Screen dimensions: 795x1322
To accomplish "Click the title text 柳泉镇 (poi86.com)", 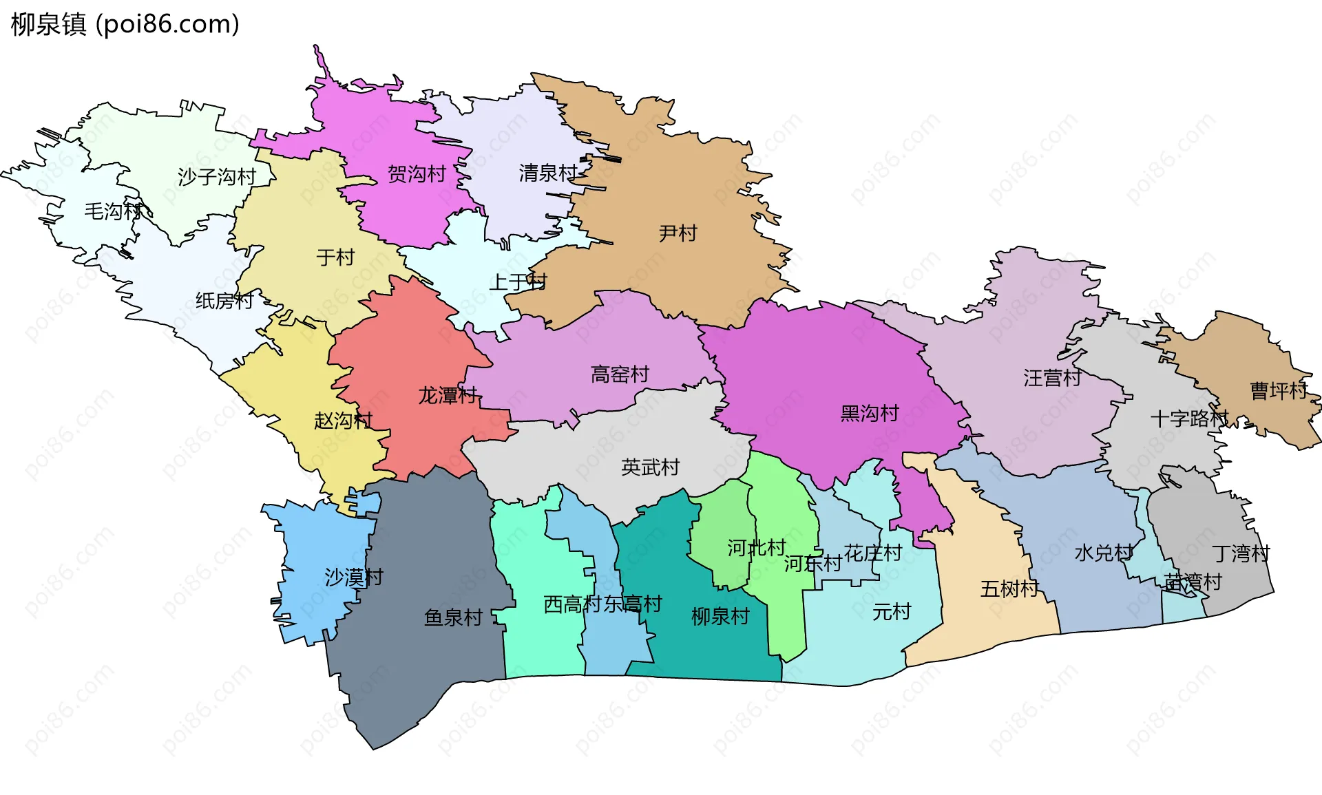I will click(x=125, y=24).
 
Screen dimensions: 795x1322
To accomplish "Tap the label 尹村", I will click(x=678, y=233).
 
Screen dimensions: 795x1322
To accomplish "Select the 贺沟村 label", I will click(x=417, y=174).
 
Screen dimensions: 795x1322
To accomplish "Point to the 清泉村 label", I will click(x=548, y=173).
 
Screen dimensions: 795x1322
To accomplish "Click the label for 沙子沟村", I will click(x=217, y=177).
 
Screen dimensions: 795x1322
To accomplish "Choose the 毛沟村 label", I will click(x=113, y=211).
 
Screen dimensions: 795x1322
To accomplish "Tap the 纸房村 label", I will click(x=224, y=301).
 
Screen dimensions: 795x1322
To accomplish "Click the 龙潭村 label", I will click(x=448, y=396).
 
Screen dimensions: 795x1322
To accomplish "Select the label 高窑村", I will click(x=620, y=374).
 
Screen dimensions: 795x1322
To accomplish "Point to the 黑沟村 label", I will click(x=870, y=414).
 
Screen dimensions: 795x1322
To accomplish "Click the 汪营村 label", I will click(x=1052, y=378).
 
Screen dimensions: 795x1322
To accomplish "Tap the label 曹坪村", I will click(x=1279, y=391).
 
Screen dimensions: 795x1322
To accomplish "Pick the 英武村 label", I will click(x=650, y=467).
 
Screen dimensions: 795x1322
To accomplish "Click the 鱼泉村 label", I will click(x=453, y=617).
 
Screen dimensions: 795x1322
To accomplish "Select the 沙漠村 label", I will click(x=354, y=577).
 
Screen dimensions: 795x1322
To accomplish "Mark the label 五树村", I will click(x=1009, y=589).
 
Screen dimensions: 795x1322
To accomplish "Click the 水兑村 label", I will click(x=1104, y=553).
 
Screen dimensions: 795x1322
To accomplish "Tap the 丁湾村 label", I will click(x=1241, y=553).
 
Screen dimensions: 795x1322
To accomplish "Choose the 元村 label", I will click(x=892, y=611).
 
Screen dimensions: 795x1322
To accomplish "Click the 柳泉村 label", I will click(x=720, y=616).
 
